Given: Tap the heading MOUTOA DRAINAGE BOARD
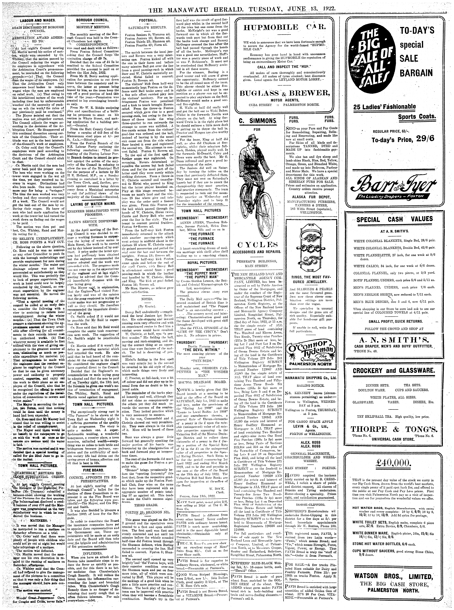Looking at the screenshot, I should click(202, 382).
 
